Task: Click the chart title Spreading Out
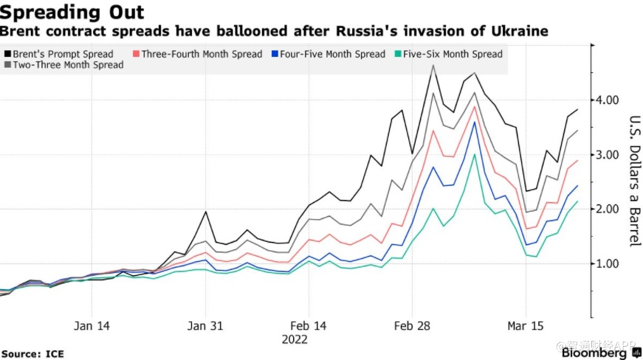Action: (72, 12)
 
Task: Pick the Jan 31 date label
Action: (206, 325)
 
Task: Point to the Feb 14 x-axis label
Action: (309, 325)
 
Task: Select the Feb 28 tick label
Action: (411, 325)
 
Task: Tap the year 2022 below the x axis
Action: (295, 339)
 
